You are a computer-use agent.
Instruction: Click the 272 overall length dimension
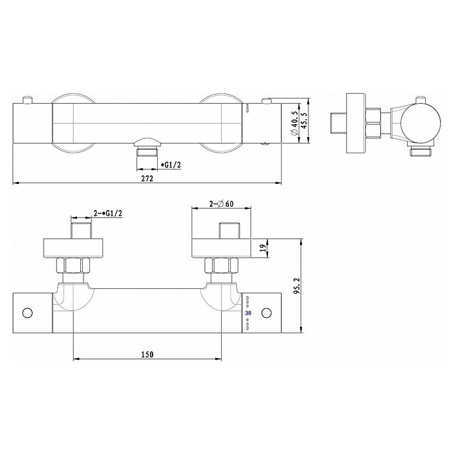click(x=147, y=178)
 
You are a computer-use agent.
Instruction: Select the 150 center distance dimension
click(x=147, y=354)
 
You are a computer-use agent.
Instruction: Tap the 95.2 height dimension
click(x=297, y=286)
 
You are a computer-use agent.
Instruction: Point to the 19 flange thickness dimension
click(x=263, y=248)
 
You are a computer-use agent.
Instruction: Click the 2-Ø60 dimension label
click(x=222, y=204)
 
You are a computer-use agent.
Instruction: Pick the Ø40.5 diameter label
click(x=295, y=123)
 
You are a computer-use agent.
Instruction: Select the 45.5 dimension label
click(x=304, y=121)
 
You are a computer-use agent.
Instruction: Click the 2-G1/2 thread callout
click(x=108, y=213)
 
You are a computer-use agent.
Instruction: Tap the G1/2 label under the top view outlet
click(x=172, y=165)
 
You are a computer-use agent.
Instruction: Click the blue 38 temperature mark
click(x=248, y=313)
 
